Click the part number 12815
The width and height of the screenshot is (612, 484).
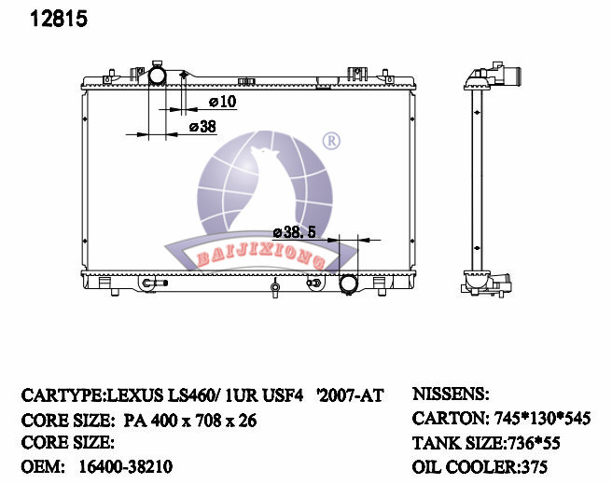click(59, 19)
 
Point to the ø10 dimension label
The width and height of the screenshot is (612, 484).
click(223, 102)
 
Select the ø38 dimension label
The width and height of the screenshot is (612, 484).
click(202, 127)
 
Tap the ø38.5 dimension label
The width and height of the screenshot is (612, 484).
click(294, 232)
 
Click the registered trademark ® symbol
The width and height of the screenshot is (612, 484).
click(331, 141)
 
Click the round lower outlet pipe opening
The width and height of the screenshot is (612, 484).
click(348, 283)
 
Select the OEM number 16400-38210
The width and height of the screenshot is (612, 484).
click(126, 466)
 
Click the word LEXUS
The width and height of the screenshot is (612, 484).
click(135, 395)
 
